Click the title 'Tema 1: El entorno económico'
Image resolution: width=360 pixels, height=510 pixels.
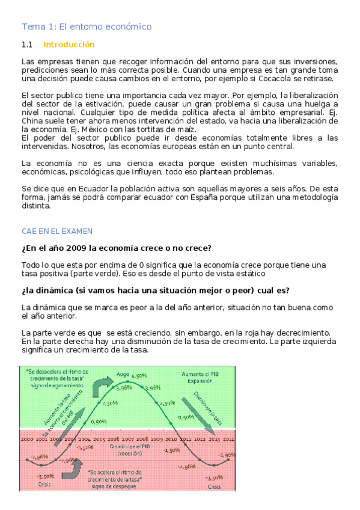tap(87, 26)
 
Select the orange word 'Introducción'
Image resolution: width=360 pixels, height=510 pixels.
tap(69, 45)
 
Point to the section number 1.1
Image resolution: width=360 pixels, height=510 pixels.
tap(26, 45)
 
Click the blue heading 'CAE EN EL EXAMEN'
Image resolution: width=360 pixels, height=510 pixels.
tap(57, 231)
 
